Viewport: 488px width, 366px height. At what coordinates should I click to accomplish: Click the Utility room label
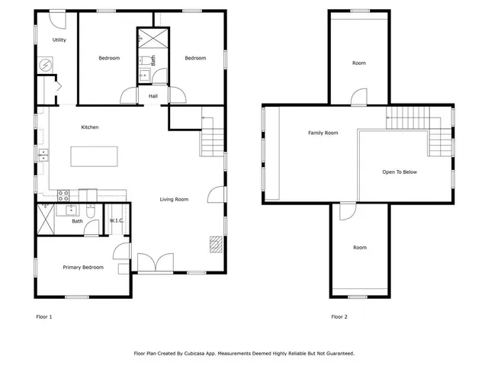[x=59, y=40]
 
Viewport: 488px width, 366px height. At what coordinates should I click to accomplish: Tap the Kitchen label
[x=90, y=127]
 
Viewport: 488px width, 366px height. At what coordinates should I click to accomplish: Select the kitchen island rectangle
[x=95, y=156]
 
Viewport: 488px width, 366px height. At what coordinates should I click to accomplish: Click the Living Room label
[x=174, y=200]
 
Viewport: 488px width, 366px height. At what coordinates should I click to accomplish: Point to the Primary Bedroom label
[x=82, y=268]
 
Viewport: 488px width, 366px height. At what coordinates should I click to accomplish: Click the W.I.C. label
[x=117, y=221]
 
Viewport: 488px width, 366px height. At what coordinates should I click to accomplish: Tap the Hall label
[x=153, y=96]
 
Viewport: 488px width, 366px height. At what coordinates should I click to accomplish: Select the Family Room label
[x=323, y=133]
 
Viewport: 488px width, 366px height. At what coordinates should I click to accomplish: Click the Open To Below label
[x=400, y=172]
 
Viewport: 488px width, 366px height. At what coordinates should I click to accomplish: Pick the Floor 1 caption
[x=44, y=316]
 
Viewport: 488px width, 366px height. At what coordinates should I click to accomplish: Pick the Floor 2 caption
[x=339, y=316]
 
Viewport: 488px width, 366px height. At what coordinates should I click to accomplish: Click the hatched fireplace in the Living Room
[x=217, y=244]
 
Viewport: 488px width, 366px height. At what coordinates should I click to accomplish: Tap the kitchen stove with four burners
[x=64, y=194]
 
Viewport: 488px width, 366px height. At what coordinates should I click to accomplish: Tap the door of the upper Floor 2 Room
[x=358, y=97]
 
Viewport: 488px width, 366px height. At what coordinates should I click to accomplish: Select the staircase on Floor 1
[x=213, y=141]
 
